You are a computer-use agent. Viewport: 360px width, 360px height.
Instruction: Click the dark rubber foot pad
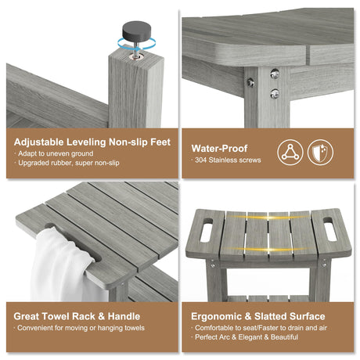click(x=137, y=31)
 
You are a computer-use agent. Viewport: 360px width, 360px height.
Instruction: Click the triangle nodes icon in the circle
click(x=290, y=153)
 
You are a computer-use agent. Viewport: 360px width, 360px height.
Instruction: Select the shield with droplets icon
click(x=320, y=153)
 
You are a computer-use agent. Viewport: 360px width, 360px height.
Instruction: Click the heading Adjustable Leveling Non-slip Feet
click(x=92, y=142)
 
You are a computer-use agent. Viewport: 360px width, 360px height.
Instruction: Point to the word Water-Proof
click(x=219, y=149)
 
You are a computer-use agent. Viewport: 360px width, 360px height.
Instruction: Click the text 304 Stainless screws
click(x=228, y=160)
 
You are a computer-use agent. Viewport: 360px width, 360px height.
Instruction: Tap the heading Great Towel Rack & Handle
click(x=77, y=316)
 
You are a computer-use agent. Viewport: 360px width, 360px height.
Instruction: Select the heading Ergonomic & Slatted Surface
click(x=258, y=316)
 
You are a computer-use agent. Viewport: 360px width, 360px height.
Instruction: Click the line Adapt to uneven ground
click(x=56, y=153)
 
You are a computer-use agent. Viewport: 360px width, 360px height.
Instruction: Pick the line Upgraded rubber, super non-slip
click(x=69, y=163)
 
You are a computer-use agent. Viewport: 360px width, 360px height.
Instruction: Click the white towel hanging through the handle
click(x=65, y=264)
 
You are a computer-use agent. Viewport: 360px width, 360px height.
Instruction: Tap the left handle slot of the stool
click(x=207, y=230)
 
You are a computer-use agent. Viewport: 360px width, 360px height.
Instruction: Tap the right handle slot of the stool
click(x=330, y=229)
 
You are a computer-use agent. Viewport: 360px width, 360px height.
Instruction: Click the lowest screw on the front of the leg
click(x=275, y=93)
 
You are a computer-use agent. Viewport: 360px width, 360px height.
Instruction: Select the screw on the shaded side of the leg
click(x=250, y=82)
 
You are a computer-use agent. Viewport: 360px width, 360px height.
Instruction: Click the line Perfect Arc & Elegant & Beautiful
click(x=247, y=337)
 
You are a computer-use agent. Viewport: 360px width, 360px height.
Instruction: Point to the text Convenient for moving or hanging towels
click(x=81, y=328)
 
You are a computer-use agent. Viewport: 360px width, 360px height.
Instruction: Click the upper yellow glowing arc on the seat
click(x=268, y=218)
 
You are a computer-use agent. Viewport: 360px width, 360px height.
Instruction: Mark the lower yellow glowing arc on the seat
click(x=268, y=250)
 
